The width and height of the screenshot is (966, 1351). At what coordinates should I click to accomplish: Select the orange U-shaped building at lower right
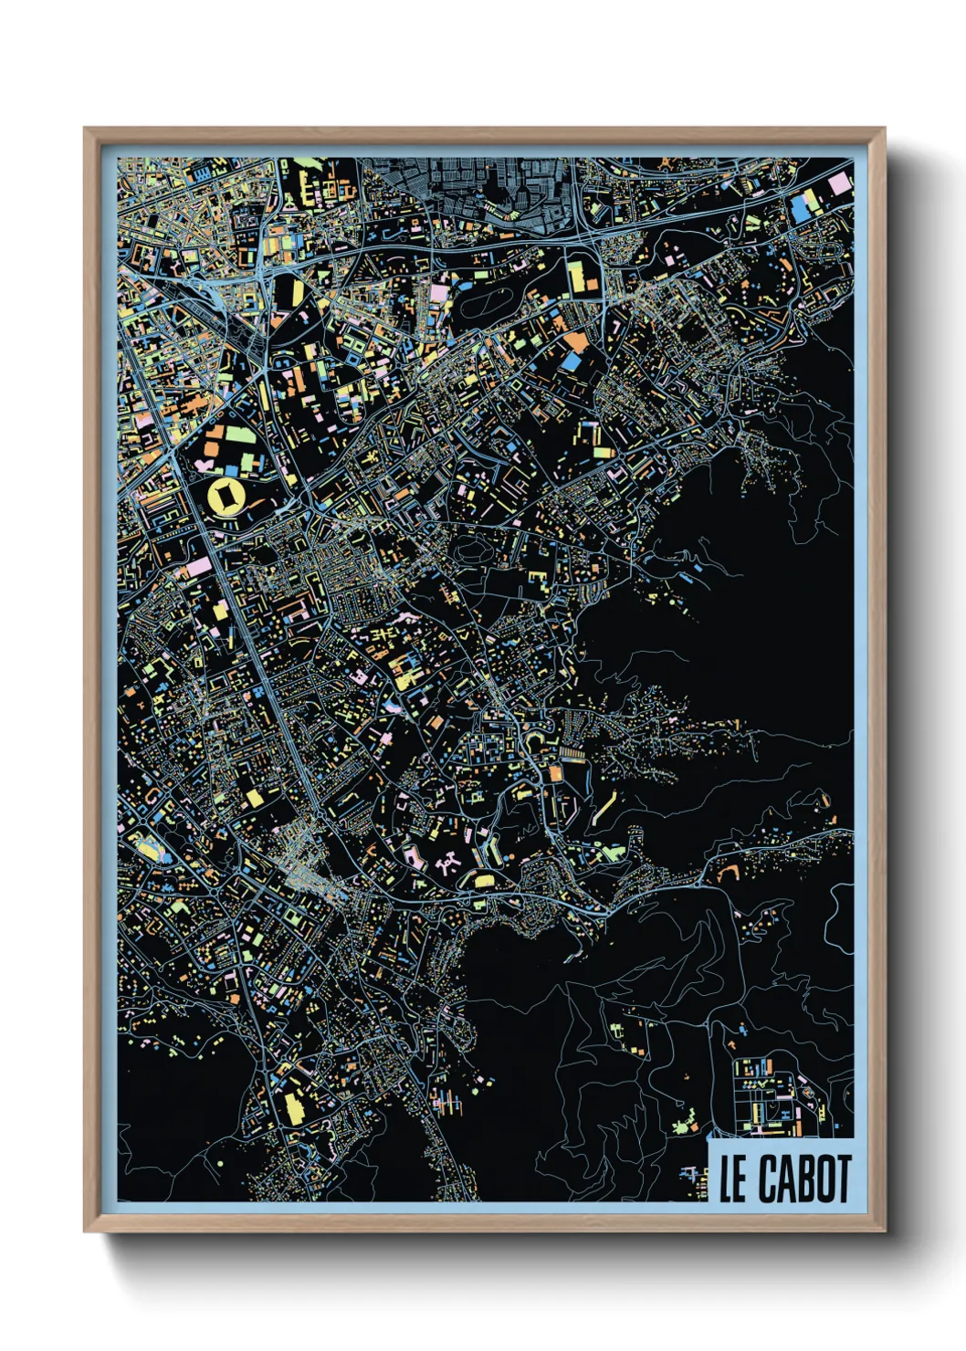tap(730, 871)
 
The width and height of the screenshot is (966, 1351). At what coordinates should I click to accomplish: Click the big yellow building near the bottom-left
tap(294, 1108)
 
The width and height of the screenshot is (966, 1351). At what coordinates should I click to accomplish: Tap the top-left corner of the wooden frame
tap(87, 131)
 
